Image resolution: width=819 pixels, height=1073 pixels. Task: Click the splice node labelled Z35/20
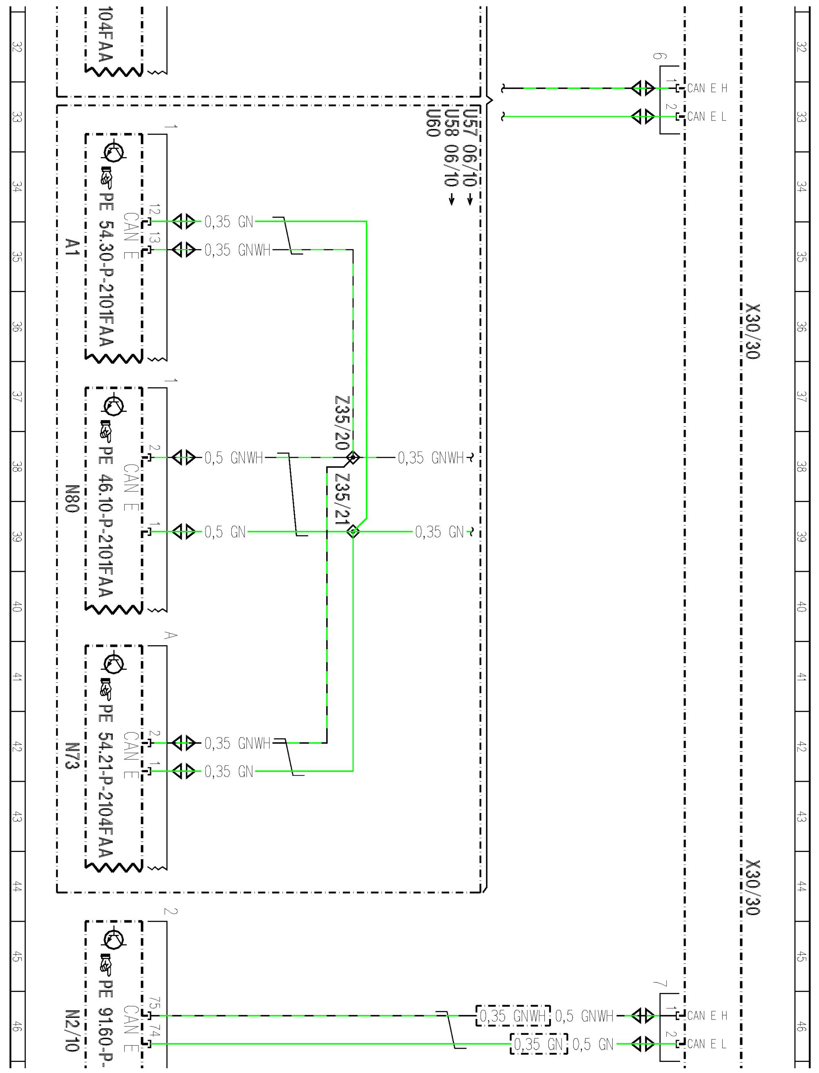[x=352, y=457]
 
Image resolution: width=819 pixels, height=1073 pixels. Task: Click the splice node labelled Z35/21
[x=352, y=531]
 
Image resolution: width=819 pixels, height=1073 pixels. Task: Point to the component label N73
[x=72, y=756]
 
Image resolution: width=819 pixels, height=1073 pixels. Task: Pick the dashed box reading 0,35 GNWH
[x=512, y=1016]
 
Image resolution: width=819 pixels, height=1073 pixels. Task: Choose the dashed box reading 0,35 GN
[x=539, y=1044]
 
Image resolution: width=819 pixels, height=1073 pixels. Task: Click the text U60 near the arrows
[x=433, y=123]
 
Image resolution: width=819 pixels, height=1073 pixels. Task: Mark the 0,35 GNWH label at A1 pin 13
[x=237, y=250]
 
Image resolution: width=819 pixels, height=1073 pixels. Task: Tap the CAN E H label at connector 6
[x=707, y=88]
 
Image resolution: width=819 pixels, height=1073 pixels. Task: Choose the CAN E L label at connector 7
[x=707, y=1044]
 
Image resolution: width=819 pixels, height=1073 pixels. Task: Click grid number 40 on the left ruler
[x=17, y=606]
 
